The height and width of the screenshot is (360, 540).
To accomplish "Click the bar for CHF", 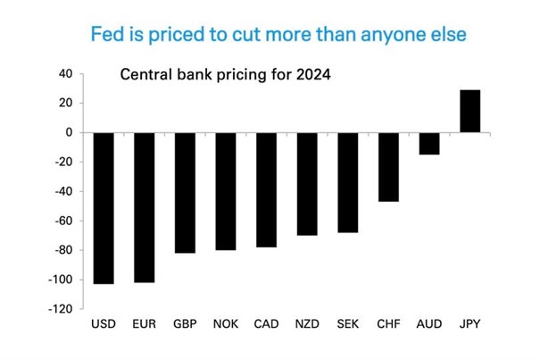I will (388, 166).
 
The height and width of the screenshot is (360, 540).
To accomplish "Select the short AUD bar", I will (429, 143).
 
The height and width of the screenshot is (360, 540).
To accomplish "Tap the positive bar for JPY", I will (470, 111).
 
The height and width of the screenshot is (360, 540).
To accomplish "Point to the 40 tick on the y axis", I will (65, 73).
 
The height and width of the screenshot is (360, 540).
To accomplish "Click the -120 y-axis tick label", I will (61, 309).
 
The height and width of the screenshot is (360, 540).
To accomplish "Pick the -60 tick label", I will (63, 221).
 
